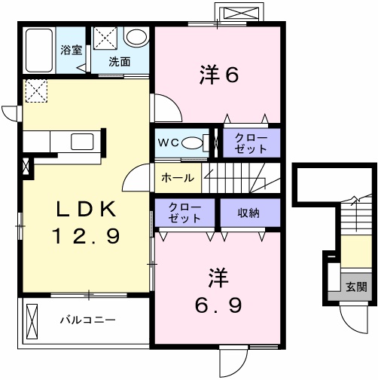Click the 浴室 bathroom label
tap(72, 50)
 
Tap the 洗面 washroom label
tap(120, 62)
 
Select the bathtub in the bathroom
tap(39, 51)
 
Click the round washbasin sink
tap(136, 37)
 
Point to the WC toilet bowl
tap(192, 143)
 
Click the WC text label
tap(168, 143)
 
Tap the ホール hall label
tap(178, 178)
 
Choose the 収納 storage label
tap(248, 213)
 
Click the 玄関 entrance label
tap(356, 287)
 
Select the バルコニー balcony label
tap(88, 320)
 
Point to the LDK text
tap(86, 210)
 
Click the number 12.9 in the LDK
tap(86, 236)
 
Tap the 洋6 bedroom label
tap(219, 75)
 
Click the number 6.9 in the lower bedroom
tap(218, 305)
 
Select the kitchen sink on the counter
tap(82, 142)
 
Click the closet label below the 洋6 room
tap(251, 143)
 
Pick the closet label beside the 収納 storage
tap(184, 213)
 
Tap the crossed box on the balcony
tap(32, 319)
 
